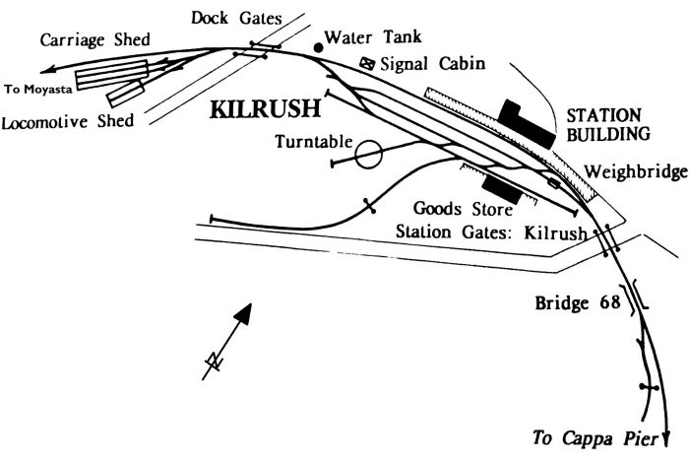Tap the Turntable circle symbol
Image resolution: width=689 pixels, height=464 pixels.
(367, 155)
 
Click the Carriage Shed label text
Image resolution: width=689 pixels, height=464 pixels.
(94, 39)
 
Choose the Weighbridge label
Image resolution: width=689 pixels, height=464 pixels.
(634, 172)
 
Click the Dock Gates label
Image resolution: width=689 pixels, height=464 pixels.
(236, 17)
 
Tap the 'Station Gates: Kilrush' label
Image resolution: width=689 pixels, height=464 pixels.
(490, 232)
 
